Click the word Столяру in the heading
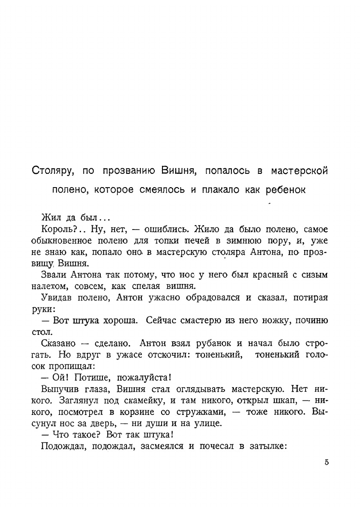click(x=54, y=171)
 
